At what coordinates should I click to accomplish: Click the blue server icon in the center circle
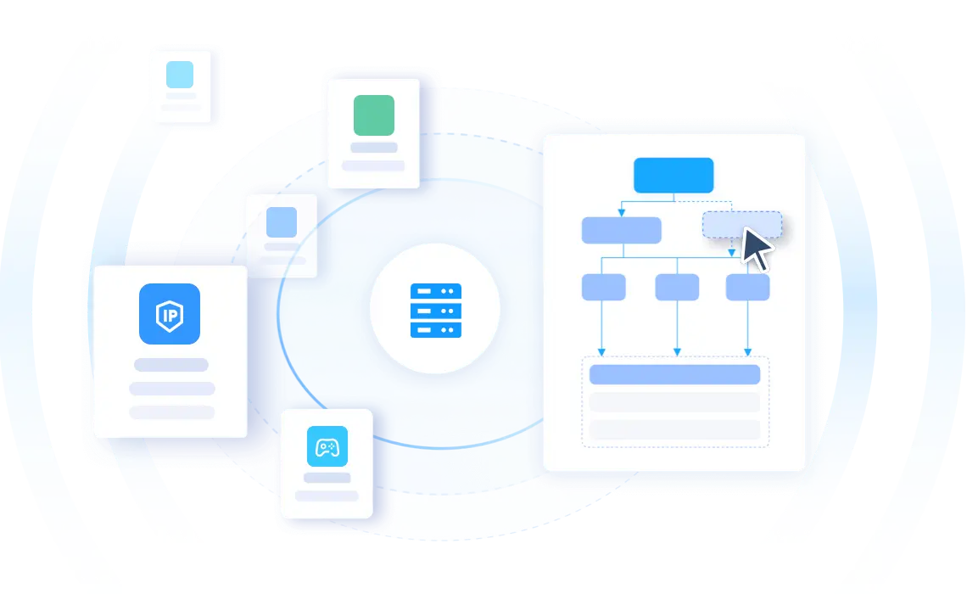(x=436, y=311)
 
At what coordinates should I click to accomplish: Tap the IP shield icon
(x=170, y=314)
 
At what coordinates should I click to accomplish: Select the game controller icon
(x=327, y=446)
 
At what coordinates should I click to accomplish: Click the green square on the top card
(x=374, y=115)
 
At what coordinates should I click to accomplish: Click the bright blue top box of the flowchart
(x=674, y=175)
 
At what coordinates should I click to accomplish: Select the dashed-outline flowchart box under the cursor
(x=742, y=225)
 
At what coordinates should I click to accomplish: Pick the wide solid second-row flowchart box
(x=622, y=230)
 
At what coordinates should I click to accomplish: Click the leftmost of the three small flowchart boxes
(x=604, y=288)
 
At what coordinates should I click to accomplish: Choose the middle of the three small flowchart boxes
(x=677, y=288)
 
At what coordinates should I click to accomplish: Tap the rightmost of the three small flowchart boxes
(x=747, y=288)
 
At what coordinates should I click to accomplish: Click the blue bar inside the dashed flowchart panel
(x=674, y=374)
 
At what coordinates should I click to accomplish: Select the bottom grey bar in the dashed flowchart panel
(x=674, y=429)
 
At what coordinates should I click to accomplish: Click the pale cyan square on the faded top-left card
(x=180, y=75)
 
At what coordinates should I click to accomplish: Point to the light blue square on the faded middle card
(x=282, y=222)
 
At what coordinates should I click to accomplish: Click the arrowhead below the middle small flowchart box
(x=677, y=352)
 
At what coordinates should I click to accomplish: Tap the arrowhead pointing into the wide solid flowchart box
(x=622, y=213)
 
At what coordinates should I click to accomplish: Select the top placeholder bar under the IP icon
(x=171, y=365)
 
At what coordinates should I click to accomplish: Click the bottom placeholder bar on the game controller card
(x=327, y=496)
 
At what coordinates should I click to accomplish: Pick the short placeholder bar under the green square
(x=374, y=148)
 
